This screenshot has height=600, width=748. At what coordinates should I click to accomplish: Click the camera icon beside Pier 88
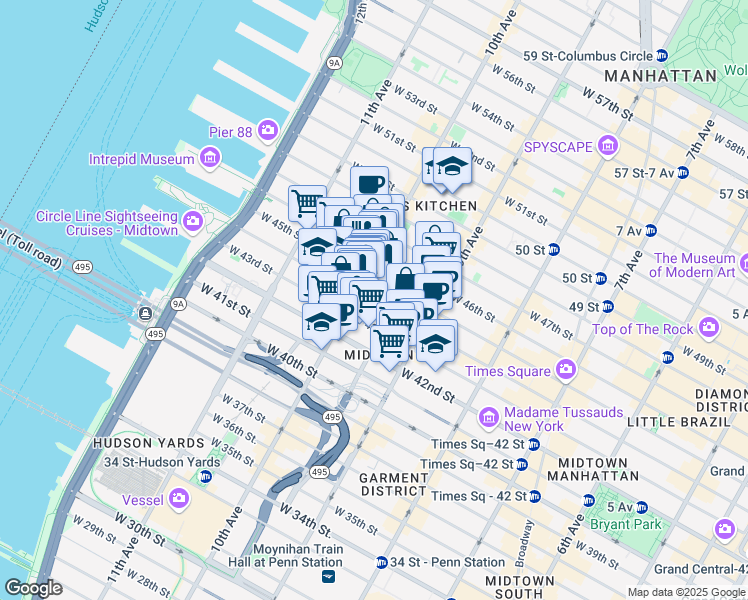click(267, 130)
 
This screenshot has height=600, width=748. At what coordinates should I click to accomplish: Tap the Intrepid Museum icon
click(209, 158)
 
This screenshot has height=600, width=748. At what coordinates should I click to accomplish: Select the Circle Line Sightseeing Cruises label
click(107, 223)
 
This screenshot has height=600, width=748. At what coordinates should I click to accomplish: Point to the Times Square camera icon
click(566, 370)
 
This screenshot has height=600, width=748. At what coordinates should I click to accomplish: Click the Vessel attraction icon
click(179, 497)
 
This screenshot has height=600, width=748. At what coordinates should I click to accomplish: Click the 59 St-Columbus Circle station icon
click(662, 55)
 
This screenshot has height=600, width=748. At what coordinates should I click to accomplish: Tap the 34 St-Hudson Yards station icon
click(205, 476)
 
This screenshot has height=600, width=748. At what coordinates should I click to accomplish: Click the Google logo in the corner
click(33, 588)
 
